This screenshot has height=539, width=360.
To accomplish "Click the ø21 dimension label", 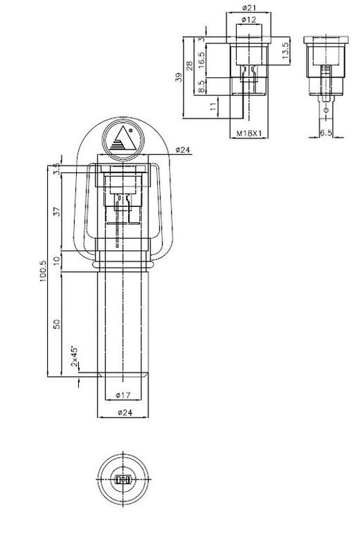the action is (x=249, y=8).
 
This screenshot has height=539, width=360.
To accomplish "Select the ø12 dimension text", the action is (x=249, y=19).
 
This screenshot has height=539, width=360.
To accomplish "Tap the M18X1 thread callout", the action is (x=249, y=134).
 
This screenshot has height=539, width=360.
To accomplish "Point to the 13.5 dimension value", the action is (x=285, y=51).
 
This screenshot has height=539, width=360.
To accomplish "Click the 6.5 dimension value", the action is (x=326, y=133).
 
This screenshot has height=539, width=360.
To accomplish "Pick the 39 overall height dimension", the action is (x=179, y=77).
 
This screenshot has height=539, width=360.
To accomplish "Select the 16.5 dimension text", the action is (x=201, y=59).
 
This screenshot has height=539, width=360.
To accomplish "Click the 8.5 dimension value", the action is (x=201, y=86).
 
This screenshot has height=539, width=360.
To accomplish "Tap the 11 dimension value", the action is (x=213, y=106).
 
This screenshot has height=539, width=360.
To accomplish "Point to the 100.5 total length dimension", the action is (x=43, y=271).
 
